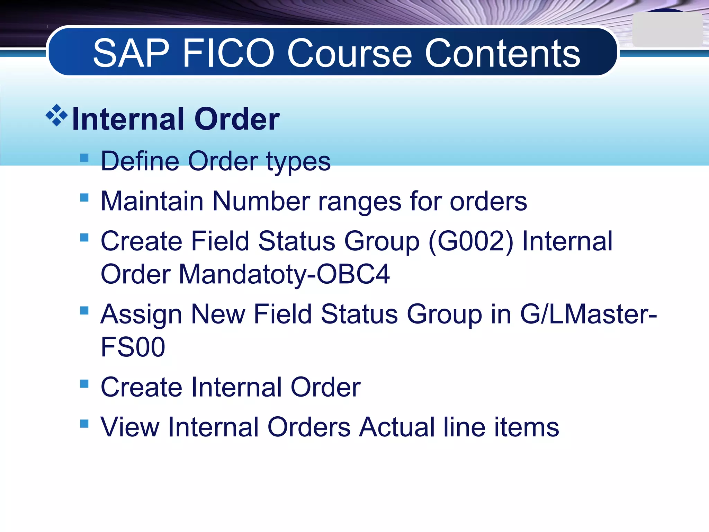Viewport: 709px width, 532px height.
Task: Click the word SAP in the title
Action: point(131,53)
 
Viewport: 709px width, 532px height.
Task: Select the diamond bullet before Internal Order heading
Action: point(56,115)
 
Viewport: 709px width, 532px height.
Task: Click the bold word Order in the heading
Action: point(237,119)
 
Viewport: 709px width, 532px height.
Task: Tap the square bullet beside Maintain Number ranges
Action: point(84,197)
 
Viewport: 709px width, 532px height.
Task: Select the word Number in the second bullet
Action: point(261,201)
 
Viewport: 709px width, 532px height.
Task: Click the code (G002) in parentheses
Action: point(471,241)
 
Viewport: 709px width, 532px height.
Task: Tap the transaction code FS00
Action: point(133,347)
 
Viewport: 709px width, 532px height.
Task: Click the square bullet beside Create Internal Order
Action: point(84,383)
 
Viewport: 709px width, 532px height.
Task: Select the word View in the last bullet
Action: point(130,427)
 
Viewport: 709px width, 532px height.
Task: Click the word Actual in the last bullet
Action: point(397,427)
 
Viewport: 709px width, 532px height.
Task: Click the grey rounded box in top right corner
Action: point(667,30)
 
